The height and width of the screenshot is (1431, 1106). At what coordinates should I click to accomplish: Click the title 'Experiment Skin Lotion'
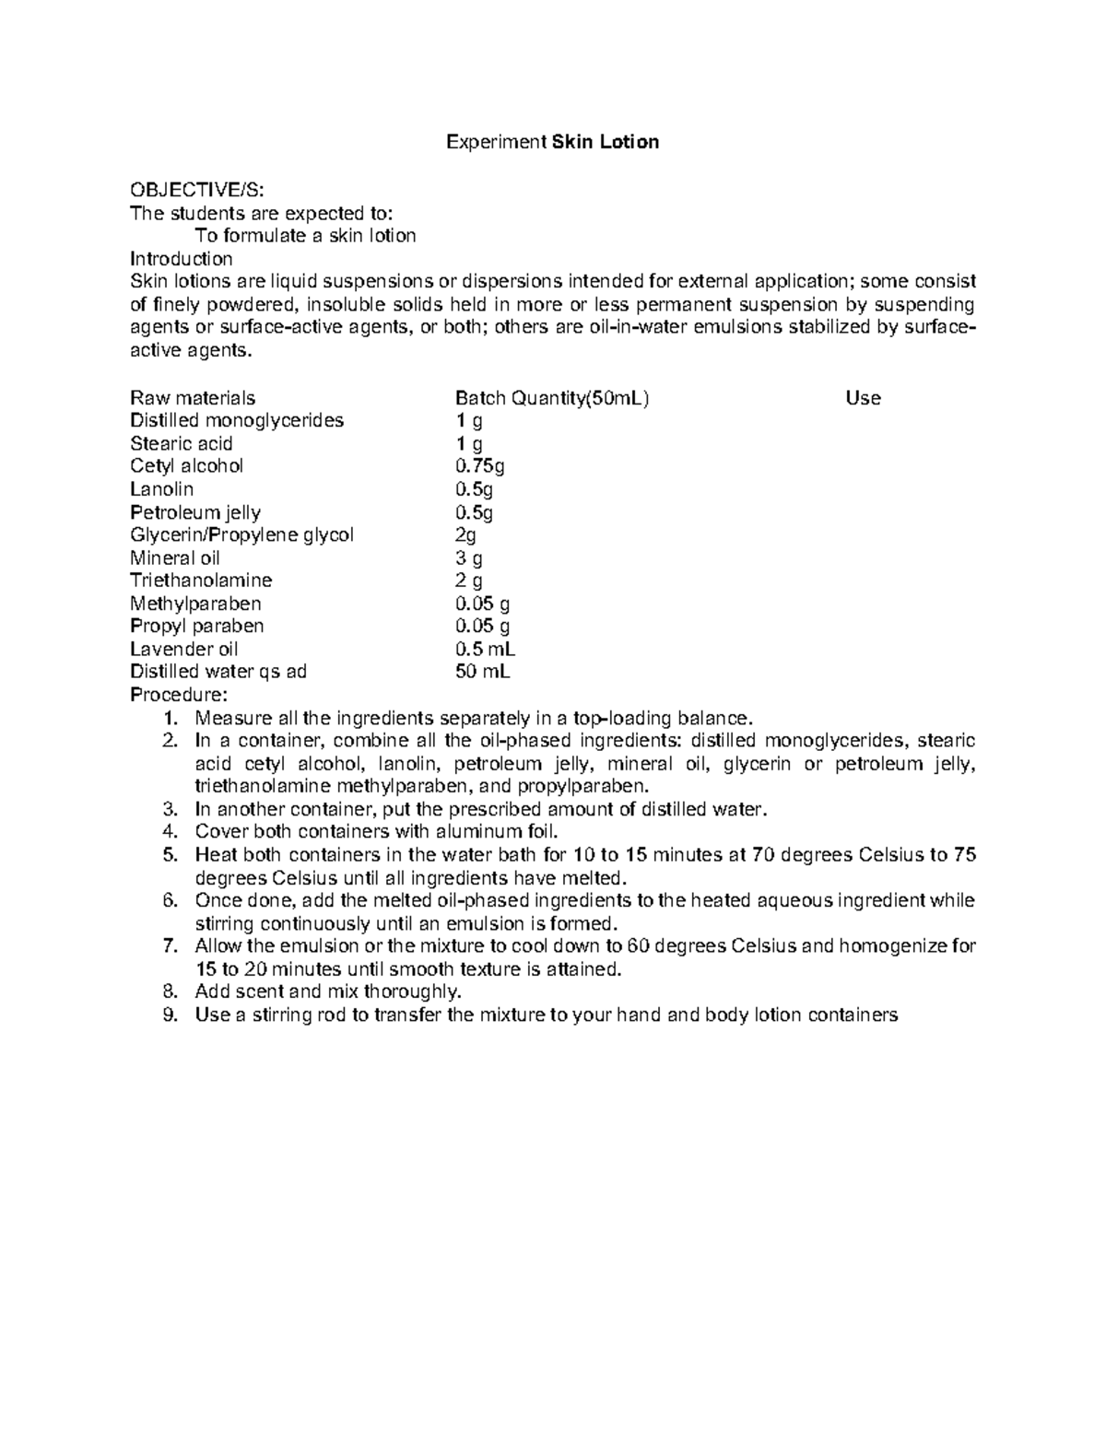(552, 142)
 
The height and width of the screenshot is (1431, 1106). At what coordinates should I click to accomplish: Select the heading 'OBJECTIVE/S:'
(196, 190)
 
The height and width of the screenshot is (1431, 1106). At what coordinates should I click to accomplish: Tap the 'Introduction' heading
(181, 258)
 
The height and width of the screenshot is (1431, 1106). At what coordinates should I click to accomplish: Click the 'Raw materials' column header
(193, 398)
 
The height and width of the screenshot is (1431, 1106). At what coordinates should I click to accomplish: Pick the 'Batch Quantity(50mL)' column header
(552, 398)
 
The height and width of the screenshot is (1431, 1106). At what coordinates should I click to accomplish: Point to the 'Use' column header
(863, 398)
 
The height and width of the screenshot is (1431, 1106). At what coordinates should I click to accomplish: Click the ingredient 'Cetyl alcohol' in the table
(187, 466)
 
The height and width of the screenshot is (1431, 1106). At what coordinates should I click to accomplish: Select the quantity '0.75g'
(479, 466)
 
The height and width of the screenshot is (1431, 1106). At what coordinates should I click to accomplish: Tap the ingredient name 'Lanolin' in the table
(162, 489)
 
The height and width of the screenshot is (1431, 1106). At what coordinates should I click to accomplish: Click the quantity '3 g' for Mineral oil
(469, 557)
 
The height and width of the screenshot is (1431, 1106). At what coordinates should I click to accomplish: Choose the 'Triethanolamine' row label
(201, 581)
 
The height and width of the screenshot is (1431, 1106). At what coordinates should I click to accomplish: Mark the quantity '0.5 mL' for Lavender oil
(485, 649)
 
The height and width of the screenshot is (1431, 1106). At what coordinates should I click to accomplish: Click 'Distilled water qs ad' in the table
(218, 672)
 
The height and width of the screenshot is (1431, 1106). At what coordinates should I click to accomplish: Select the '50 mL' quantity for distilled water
(482, 672)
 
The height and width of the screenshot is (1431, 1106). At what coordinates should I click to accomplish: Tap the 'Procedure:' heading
(178, 694)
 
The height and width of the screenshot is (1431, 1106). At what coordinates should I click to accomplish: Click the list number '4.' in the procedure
(169, 832)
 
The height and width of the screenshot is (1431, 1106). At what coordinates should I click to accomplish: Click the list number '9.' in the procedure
(169, 1015)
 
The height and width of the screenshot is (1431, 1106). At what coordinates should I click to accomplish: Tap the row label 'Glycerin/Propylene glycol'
(241, 535)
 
